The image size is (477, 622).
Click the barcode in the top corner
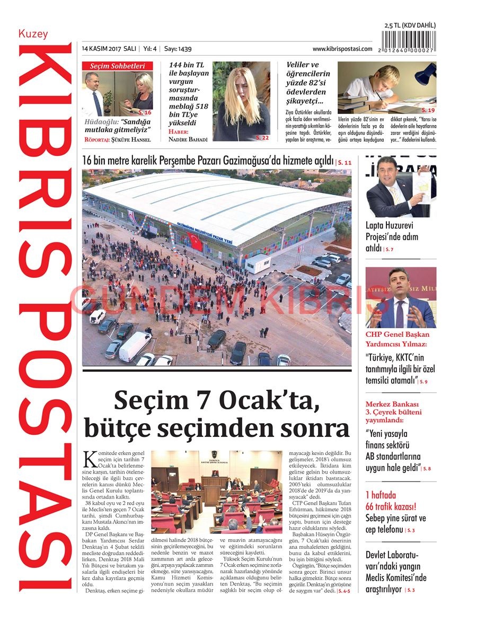pos(410,41)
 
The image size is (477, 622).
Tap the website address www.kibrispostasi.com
pos(342,49)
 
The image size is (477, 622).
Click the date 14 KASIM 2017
pos(101,49)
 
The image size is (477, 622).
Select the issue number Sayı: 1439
pos(178,49)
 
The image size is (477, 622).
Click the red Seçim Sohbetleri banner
pos(117,66)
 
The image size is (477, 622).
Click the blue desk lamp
pos(425,73)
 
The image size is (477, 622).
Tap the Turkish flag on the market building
pos(195,241)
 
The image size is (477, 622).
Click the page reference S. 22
pos(262,137)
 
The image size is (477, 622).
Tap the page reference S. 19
pos(428,110)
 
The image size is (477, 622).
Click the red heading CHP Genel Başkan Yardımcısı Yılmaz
pos(397,339)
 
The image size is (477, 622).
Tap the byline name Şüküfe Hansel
pos(131,140)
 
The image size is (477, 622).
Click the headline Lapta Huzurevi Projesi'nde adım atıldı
pos(392,236)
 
